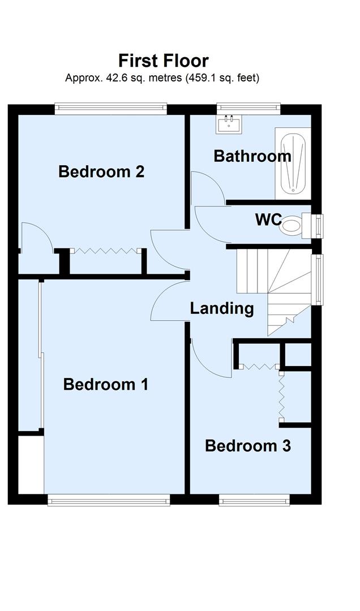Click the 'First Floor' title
pos(164,61)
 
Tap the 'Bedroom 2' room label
pos(101,171)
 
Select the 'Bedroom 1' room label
pos(106,385)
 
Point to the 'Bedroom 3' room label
pos(248,446)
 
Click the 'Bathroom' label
pos(252,156)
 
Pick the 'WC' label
pos(268,220)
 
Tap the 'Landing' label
pos(221,308)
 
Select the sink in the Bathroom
pos(229,123)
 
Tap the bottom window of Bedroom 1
pos(108,499)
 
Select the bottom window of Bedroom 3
pos(254,499)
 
